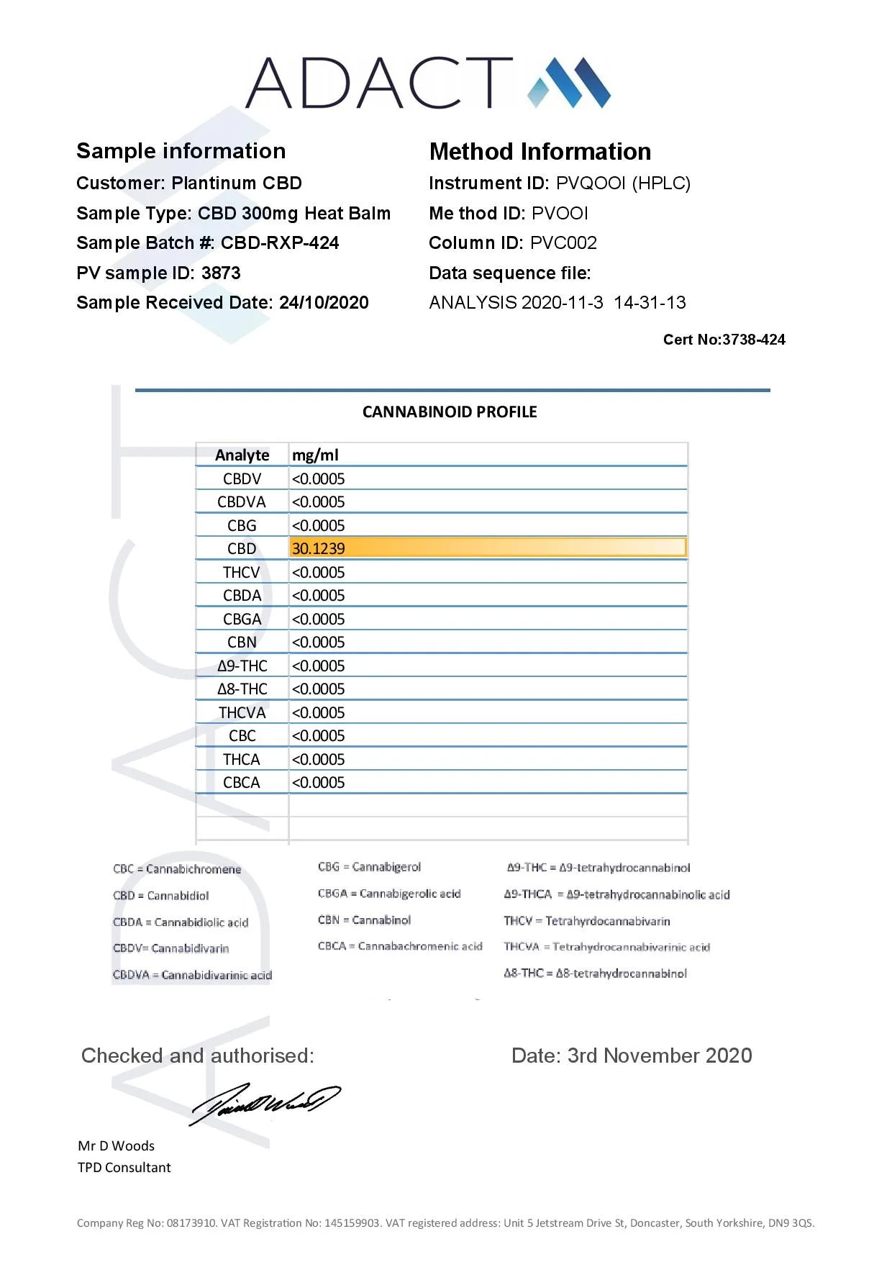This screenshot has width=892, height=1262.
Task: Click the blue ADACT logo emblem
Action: (569, 83)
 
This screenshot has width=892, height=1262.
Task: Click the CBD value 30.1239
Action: (319, 549)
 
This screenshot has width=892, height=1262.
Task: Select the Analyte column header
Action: (242, 455)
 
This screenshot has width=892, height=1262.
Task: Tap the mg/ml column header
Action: (315, 455)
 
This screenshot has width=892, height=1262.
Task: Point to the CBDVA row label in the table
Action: (242, 502)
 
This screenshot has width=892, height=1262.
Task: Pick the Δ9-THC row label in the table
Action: (242, 666)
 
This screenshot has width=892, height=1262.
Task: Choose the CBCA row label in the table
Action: (242, 783)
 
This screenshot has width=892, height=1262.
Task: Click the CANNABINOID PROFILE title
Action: (450, 412)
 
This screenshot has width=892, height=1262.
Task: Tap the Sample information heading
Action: (181, 151)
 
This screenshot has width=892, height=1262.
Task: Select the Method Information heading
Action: (540, 152)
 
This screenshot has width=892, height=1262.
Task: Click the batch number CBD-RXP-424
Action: (280, 243)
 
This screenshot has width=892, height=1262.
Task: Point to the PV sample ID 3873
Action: (221, 273)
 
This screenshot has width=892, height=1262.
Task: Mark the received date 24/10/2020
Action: (324, 303)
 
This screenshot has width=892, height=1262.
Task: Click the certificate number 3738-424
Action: (753, 340)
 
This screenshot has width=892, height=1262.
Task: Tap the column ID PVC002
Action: (563, 243)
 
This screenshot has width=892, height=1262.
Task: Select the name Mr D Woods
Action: (117, 1146)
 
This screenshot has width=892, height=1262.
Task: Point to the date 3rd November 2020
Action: (660, 1056)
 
